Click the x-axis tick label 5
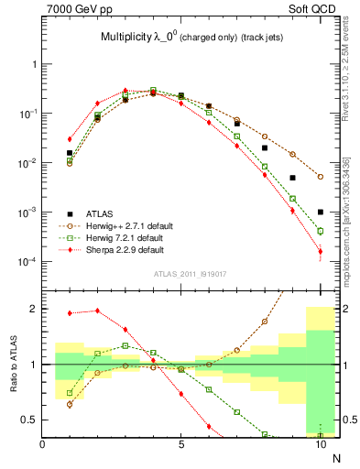pos(181,444)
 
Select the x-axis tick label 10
pos(320,444)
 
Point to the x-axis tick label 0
pos(43,444)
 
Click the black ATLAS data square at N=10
pos(321,212)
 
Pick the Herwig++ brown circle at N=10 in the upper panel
pos(321,177)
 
